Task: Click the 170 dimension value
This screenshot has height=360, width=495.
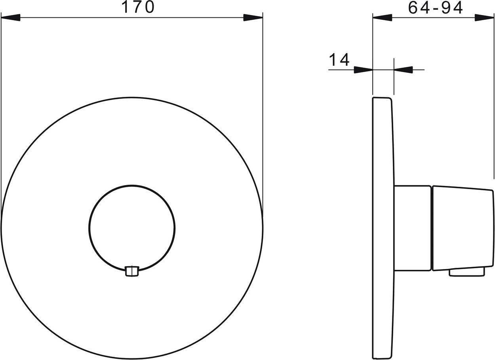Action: [x=138, y=7]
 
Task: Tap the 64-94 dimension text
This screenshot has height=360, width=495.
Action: [x=435, y=8]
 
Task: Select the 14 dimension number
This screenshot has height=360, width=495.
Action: [x=339, y=60]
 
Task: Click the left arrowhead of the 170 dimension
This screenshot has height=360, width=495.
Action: [x=11, y=17]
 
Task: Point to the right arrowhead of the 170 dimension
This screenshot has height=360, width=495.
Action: [x=253, y=17]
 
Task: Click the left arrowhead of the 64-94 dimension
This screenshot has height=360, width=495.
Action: [x=382, y=18]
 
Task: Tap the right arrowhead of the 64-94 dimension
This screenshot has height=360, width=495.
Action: [x=484, y=18]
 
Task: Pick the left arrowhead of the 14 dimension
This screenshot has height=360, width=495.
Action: [x=364, y=70]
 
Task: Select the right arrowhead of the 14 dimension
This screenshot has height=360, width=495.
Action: [x=403, y=70]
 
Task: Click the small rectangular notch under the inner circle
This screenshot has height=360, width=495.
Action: [x=132, y=271]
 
